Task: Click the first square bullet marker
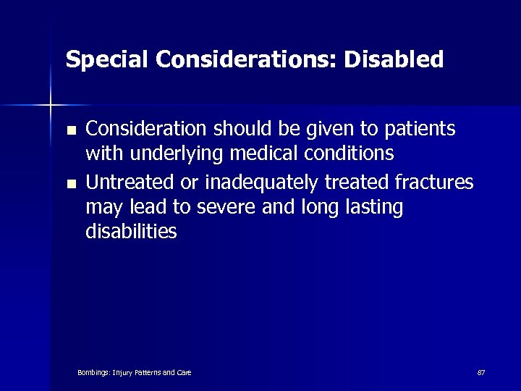[x=70, y=131]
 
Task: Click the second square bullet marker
[x=70, y=184]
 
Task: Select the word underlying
[x=172, y=154]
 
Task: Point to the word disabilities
[x=131, y=232]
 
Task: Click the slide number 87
[x=480, y=372]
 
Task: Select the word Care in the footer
[x=184, y=372]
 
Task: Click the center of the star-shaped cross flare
[x=51, y=106]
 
